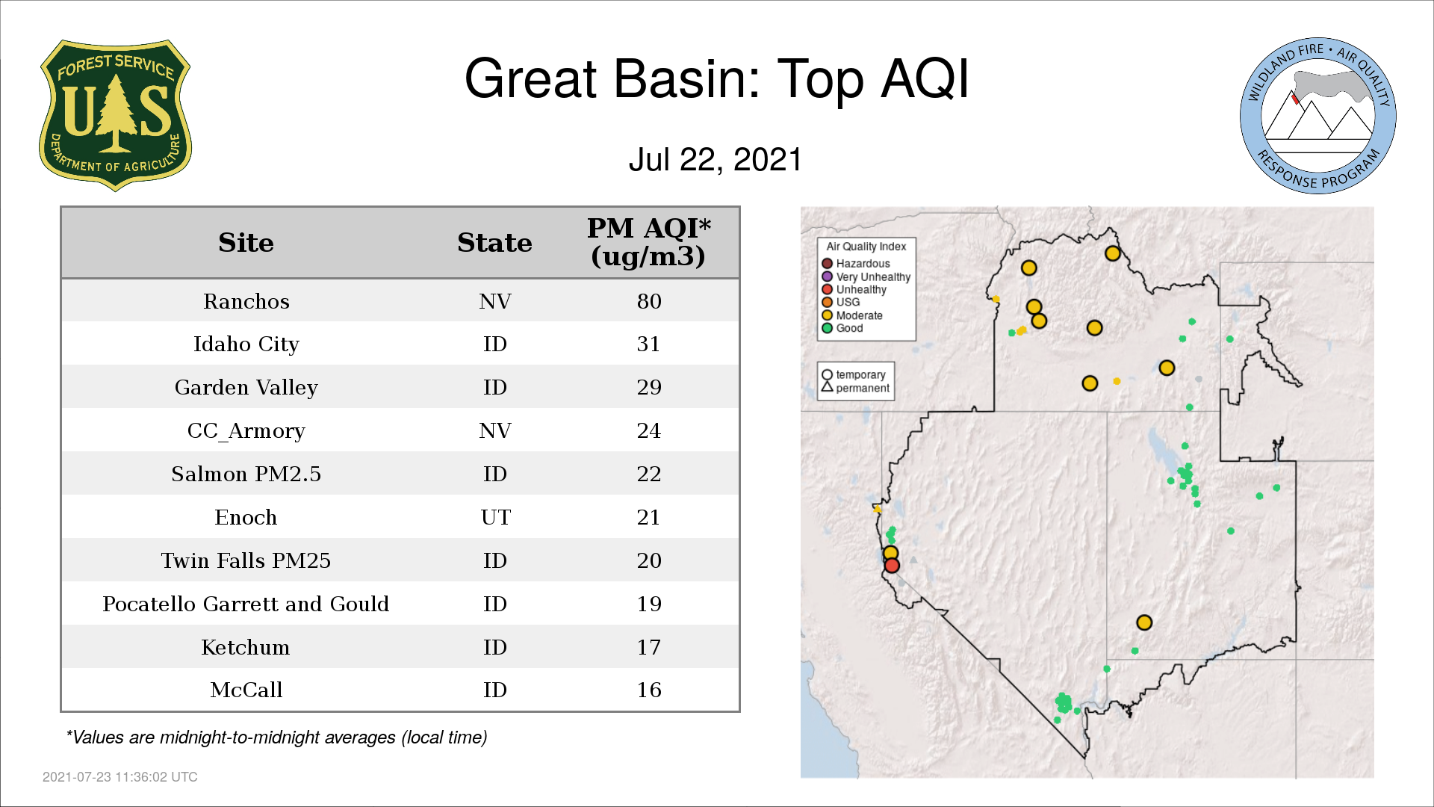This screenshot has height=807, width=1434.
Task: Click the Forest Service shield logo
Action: click(115, 115)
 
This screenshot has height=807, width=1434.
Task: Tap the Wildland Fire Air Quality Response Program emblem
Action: click(1318, 116)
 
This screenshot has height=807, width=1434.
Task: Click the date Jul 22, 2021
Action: click(716, 160)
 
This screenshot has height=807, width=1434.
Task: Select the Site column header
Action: click(246, 243)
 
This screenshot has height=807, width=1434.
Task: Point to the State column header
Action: click(494, 243)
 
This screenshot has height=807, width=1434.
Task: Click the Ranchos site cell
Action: click(246, 301)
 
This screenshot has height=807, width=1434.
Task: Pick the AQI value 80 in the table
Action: click(649, 301)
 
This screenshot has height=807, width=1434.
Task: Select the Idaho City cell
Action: click(246, 344)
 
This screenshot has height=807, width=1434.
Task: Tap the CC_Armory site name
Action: click(246, 431)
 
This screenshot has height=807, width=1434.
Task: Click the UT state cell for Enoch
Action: click(495, 517)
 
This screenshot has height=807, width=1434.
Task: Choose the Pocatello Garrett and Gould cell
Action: click(246, 604)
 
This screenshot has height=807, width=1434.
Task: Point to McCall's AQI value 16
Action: click(649, 690)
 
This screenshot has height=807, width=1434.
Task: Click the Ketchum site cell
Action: click(246, 647)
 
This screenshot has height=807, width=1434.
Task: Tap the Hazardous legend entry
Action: click(856, 264)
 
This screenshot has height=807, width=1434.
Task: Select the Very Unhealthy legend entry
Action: click(866, 277)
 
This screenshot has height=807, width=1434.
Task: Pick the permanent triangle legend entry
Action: click(856, 388)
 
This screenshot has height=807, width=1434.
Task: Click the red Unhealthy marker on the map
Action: click(892, 566)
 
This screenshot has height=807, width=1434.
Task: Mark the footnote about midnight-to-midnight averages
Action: click(276, 738)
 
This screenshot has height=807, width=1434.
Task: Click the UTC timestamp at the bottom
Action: click(120, 777)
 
